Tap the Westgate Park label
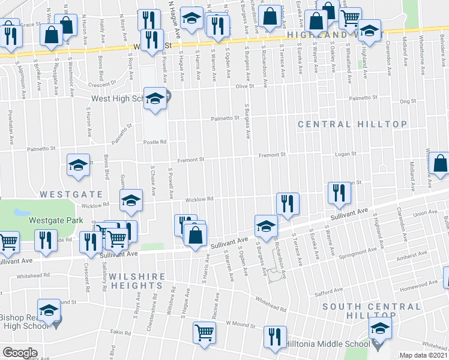pyautogui.click(x=56, y=220)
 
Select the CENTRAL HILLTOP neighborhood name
pyautogui.click(x=353, y=124)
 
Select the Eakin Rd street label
pyautogui.click(x=119, y=331)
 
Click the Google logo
pyautogui.click(x=19, y=353)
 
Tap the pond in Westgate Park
pyautogui.click(x=21, y=212)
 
